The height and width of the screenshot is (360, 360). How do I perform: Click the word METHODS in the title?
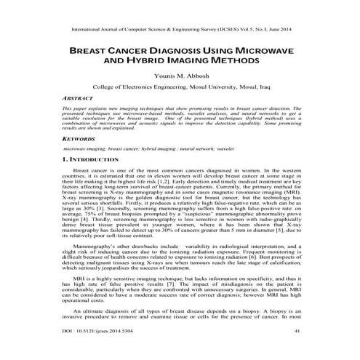coord(233,63)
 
